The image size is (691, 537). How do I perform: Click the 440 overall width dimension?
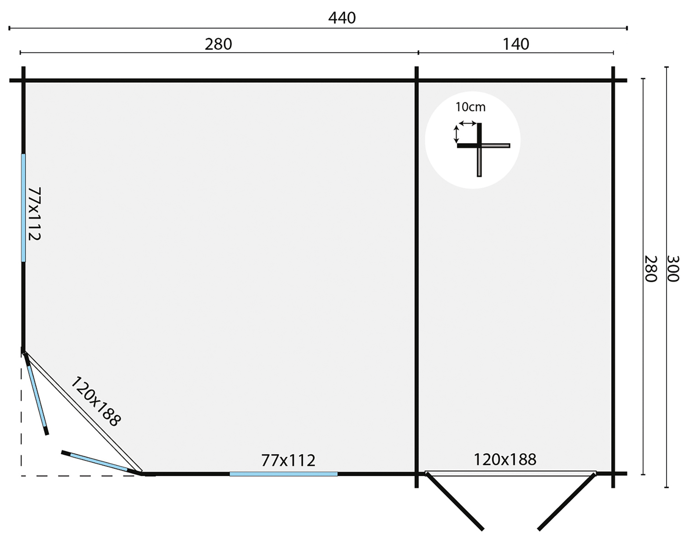click(x=342, y=18)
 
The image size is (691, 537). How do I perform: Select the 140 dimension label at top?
click(x=515, y=44)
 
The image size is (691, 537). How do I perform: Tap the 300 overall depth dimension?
click(x=673, y=269)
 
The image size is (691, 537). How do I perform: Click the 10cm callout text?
click(x=470, y=107)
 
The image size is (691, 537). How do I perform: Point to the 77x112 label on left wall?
click(x=34, y=213)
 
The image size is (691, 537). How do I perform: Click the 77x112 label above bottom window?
click(x=288, y=460)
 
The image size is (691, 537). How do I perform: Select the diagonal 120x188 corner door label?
click(x=96, y=401)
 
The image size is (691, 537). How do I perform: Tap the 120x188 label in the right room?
click(x=505, y=460)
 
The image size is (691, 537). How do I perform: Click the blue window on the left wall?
click(x=23, y=208)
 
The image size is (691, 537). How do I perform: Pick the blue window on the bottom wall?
click(x=283, y=474)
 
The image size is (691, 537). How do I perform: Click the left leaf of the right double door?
click(x=454, y=501)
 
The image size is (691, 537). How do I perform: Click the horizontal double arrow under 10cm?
click(x=467, y=123)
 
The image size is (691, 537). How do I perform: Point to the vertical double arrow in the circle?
click(x=456, y=134)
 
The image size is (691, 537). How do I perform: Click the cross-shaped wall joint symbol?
click(x=479, y=146)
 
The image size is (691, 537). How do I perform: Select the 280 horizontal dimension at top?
click(x=218, y=44)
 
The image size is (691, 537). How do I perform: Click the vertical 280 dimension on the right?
click(x=651, y=269)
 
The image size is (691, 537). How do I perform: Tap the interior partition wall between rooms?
click(x=417, y=277)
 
